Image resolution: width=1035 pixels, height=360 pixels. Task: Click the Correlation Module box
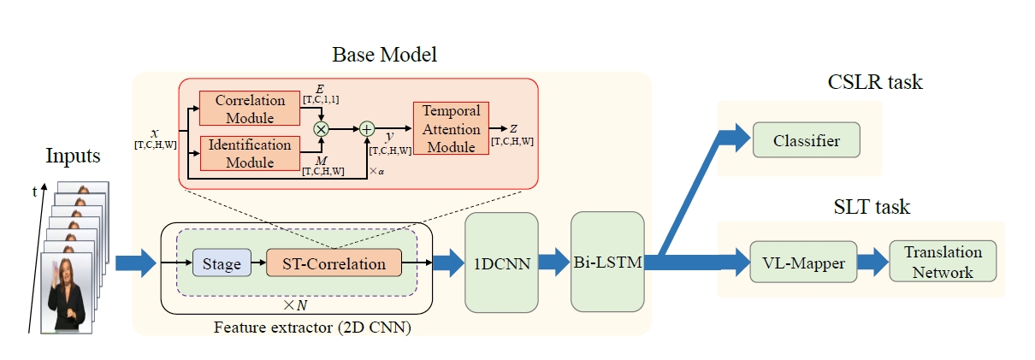click(x=244, y=108)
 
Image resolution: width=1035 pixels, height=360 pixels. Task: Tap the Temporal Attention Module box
click(x=451, y=128)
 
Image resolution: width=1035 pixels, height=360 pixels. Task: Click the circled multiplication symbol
click(x=322, y=129)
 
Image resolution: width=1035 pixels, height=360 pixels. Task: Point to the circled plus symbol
click(x=367, y=129)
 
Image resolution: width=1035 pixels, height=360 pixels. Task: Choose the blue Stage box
click(x=222, y=263)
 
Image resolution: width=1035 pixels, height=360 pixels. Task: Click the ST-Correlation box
click(x=334, y=263)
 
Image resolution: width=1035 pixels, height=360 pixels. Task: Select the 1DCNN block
click(x=501, y=262)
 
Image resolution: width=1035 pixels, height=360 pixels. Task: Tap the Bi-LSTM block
click(x=607, y=262)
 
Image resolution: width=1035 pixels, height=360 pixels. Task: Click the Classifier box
click(x=806, y=139)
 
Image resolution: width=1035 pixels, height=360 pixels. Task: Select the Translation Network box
click(x=943, y=262)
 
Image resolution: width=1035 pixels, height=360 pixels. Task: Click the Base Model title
click(x=385, y=56)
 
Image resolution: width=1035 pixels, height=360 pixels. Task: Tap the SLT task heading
click(x=872, y=206)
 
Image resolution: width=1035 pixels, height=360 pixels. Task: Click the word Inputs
click(x=73, y=156)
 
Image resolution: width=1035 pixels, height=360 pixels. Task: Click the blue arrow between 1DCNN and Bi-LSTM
click(x=554, y=262)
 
